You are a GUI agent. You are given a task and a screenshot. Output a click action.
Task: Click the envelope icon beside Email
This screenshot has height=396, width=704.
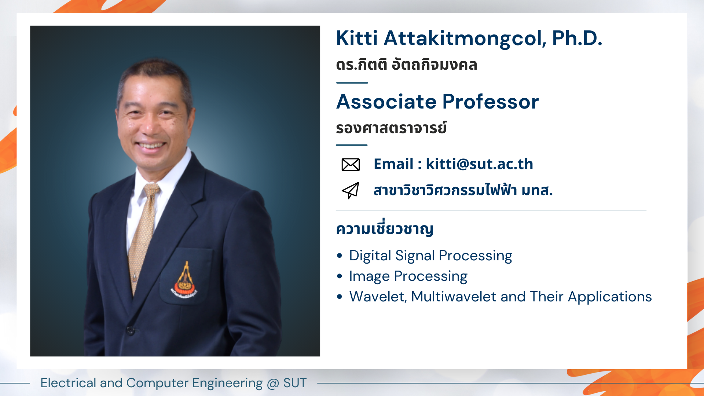tap(351, 165)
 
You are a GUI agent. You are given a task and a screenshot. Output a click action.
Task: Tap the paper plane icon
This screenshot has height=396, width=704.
tap(351, 190)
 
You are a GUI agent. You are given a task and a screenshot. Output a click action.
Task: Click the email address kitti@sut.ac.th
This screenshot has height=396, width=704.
tap(479, 164)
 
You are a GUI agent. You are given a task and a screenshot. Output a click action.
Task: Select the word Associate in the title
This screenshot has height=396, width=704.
tap(386, 102)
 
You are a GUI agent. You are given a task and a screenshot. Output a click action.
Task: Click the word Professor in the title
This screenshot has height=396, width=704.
tap(491, 102)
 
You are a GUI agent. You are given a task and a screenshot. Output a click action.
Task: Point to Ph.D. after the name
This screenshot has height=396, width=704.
tap(577, 38)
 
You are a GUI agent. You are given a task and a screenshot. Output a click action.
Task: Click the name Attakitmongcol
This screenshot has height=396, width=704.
tap(465, 39)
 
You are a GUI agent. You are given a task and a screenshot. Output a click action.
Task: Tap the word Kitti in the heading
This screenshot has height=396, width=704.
tap(357, 38)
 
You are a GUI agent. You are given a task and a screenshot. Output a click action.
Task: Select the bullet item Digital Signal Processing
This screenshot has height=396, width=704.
tap(430, 256)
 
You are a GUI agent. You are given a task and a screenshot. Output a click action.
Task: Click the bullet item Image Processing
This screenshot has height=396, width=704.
tap(408, 276)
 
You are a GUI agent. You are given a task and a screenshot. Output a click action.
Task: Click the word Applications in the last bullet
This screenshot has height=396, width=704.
tap(610, 297)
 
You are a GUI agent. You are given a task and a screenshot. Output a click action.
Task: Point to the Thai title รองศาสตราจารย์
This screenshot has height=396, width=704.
tap(391, 128)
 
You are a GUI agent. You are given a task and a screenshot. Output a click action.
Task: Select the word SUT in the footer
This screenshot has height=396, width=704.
tap(295, 383)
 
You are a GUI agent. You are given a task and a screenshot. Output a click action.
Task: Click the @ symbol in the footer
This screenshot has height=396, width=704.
tap(273, 383)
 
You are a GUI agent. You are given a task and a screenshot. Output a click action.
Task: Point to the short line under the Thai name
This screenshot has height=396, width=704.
tap(352, 82)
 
